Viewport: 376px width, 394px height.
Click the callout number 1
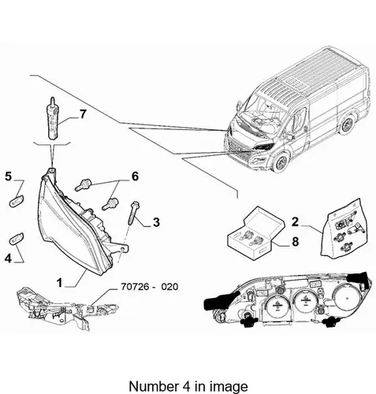[60, 283]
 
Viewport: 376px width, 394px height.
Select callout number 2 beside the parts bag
[295, 221]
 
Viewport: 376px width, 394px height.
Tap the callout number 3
[156, 222]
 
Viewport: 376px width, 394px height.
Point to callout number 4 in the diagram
[8, 258]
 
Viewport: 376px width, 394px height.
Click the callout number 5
[9, 177]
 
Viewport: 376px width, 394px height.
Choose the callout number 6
[135, 177]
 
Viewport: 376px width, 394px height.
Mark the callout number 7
[83, 114]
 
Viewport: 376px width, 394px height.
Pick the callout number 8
[296, 241]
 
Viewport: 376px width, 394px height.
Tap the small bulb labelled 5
[17, 201]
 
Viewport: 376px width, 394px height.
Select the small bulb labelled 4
[17, 238]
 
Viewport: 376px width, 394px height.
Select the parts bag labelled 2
[344, 228]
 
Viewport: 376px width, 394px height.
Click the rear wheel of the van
[348, 125]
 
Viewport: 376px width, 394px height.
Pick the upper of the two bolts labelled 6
[83, 184]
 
